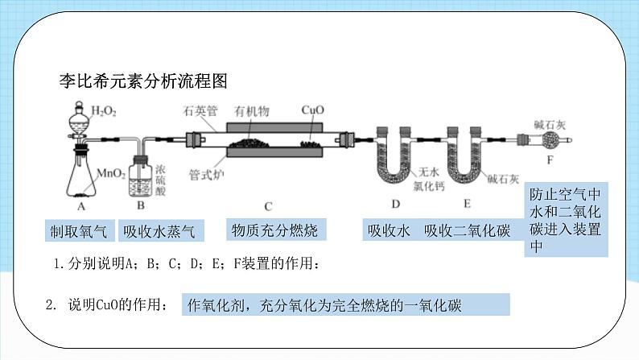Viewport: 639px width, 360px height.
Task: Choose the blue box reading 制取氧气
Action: click(x=79, y=231)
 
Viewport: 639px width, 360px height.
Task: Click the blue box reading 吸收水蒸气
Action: click(x=159, y=231)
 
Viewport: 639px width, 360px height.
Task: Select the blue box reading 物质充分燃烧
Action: click(x=274, y=231)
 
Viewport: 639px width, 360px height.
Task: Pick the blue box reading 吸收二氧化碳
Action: click(x=467, y=231)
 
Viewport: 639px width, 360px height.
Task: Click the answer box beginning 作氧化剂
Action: click(x=346, y=305)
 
